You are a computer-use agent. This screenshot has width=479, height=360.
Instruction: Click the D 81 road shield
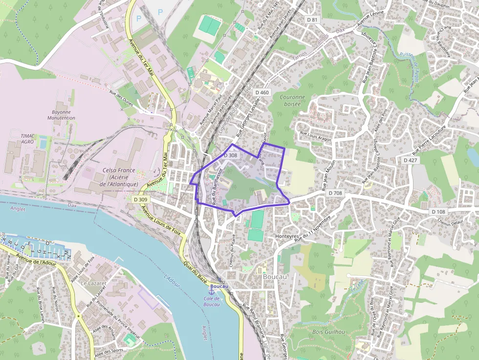point(312,20)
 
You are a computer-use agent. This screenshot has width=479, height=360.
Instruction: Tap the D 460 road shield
point(262,92)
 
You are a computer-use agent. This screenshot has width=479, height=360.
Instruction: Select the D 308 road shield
point(230,155)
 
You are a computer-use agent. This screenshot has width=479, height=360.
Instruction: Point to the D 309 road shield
point(140,199)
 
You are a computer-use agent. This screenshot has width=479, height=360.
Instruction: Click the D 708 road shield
point(335,193)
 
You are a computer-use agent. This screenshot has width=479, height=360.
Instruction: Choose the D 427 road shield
point(411,160)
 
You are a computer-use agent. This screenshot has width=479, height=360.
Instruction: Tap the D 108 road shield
point(438,212)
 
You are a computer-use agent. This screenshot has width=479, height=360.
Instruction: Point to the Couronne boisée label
point(292,100)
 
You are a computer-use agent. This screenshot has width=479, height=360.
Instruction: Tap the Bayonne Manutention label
point(63,115)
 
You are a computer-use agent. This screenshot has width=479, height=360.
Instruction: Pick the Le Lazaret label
point(90,283)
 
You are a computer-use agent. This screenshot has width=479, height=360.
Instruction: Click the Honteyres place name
point(287,236)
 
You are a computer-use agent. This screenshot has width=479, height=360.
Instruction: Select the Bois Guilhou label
point(328,332)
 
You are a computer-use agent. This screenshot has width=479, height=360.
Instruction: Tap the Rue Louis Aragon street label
point(315,136)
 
